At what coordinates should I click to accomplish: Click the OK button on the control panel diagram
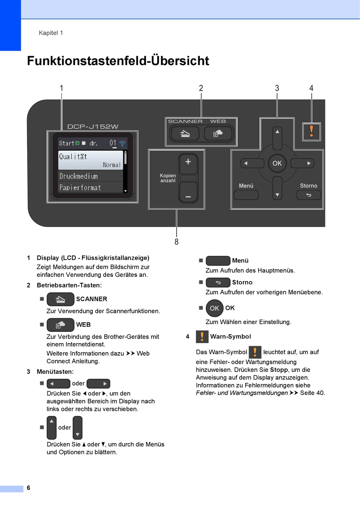coord(277,163)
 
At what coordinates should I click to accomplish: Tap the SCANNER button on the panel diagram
coord(185,133)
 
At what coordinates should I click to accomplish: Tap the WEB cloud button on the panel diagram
coord(218,133)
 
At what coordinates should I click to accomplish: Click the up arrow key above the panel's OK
coord(277,138)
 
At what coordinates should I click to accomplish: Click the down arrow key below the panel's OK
coord(277,188)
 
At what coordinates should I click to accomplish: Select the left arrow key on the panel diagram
coord(252,163)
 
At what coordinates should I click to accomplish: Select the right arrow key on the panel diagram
coord(302,163)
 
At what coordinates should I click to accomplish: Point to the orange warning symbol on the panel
coord(311,132)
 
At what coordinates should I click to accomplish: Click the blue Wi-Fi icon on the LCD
coord(122,144)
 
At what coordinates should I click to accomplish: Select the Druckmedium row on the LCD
coord(91,176)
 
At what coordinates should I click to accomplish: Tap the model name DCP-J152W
coord(93,126)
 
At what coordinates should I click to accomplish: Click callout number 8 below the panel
coord(177,242)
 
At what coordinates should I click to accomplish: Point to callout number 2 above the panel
coord(201,88)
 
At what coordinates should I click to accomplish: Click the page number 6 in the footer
coord(28,488)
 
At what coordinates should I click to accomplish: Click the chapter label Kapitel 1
coord(51,33)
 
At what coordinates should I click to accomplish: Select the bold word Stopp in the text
coord(279,370)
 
